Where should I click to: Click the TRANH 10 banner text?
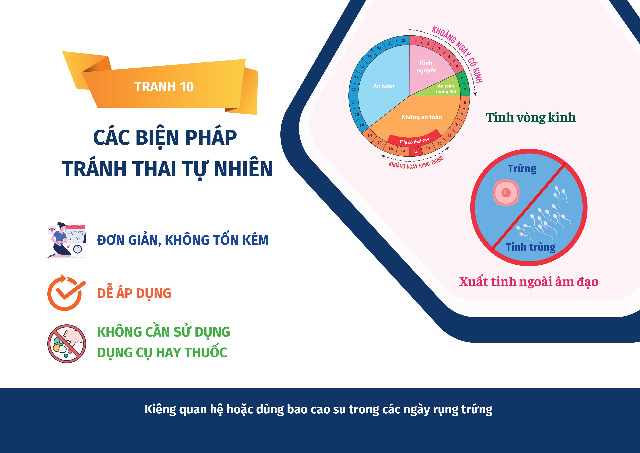(x=164, y=87)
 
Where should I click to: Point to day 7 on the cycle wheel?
(x=465, y=90)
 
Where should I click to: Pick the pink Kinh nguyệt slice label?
(x=426, y=67)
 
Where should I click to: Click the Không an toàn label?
(x=421, y=117)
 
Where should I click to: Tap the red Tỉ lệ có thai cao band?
(x=414, y=139)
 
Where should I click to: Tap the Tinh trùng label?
(x=530, y=247)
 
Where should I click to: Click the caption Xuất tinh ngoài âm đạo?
(x=529, y=282)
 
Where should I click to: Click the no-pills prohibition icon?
(x=67, y=344)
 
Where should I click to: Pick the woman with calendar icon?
(x=66, y=240)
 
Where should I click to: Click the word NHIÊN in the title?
(x=243, y=169)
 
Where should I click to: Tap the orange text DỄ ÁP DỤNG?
(x=134, y=293)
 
